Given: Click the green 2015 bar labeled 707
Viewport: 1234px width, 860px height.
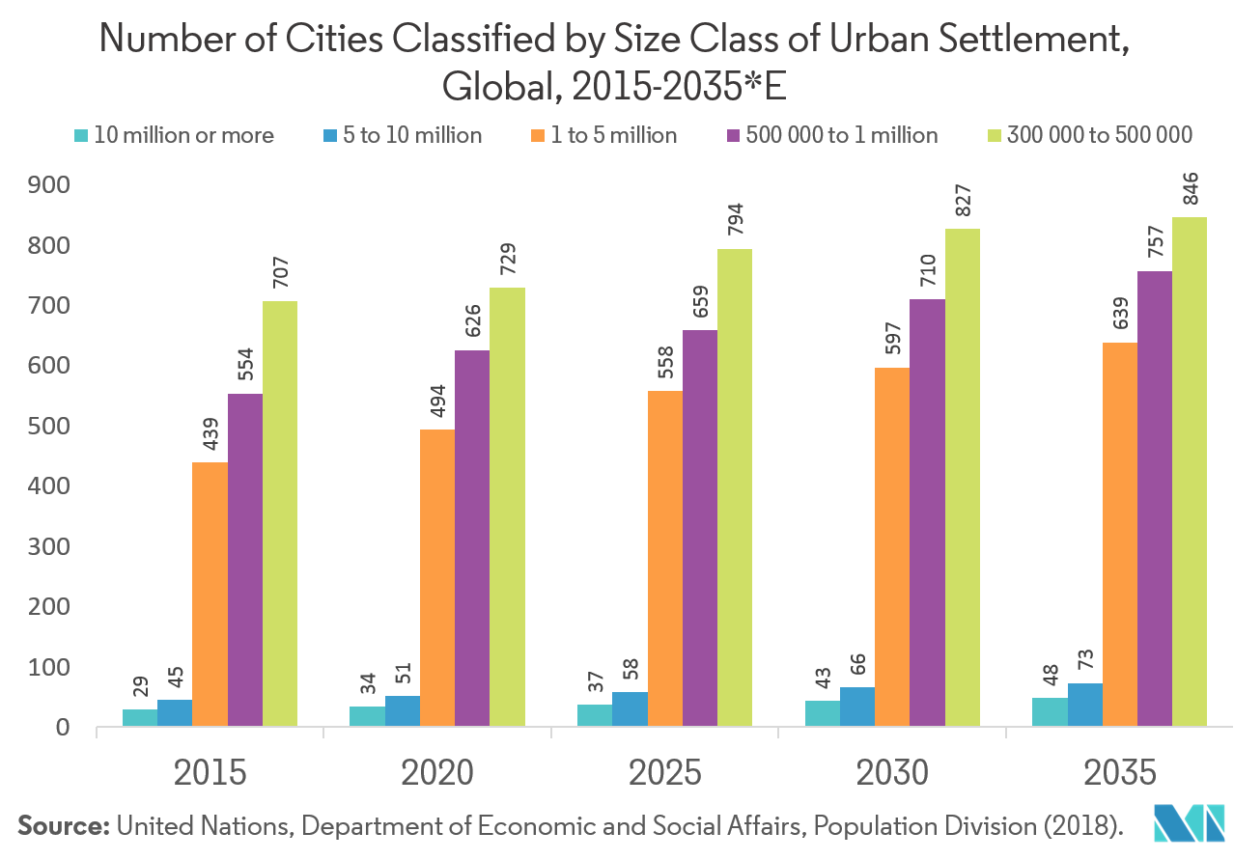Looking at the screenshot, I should pos(280,513).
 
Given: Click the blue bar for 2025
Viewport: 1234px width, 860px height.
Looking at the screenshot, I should pos(631,707).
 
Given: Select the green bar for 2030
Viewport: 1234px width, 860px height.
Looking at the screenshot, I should pos(962,477).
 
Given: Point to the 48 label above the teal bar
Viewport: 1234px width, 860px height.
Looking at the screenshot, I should pos(1050,676).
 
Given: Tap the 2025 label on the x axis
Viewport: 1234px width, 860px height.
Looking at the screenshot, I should pos(665,772).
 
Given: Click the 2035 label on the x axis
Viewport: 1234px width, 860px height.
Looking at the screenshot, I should pos(1119,772).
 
